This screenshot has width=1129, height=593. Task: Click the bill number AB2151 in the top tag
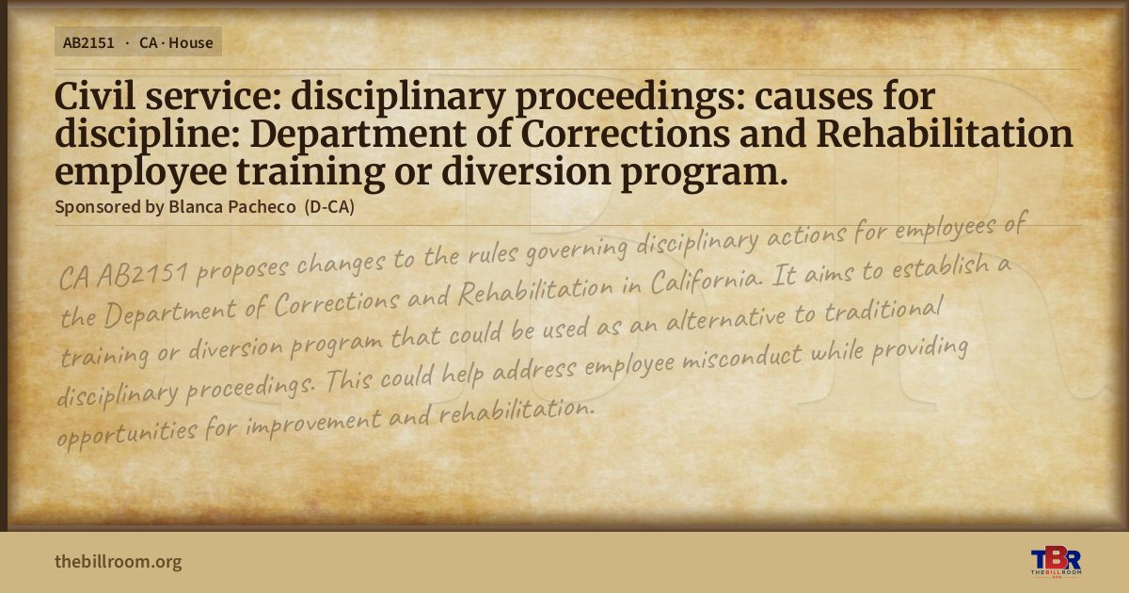click(x=88, y=43)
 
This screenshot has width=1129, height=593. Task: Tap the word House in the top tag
click(x=191, y=43)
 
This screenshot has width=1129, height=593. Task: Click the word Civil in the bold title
click(x=95, y=96)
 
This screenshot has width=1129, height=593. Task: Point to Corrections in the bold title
click(x=625, y=134)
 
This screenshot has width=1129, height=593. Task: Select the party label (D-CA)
click(x=329, y=207)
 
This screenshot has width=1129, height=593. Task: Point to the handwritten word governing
click(x=577, y=249)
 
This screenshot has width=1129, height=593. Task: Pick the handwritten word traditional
click(x=883, y=309)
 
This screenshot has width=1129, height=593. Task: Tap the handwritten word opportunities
click(x=126, y=435)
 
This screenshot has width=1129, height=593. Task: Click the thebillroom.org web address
click(x=119, y=561)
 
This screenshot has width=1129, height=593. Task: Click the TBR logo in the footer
click(x=1056, y=562)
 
